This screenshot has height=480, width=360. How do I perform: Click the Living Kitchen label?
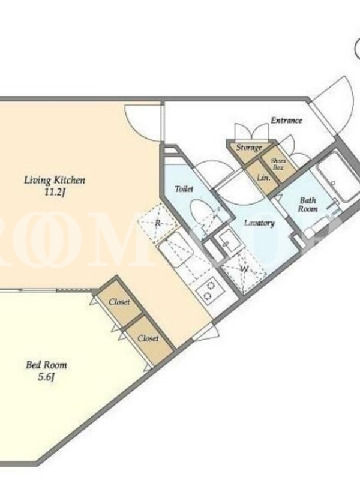point(55,181)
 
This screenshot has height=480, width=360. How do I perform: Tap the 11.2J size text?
point(55,193)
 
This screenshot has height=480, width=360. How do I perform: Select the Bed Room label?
point(46,365)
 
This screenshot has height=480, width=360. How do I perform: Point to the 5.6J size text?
point(46,377)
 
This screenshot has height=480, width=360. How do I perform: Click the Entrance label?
point(286,121)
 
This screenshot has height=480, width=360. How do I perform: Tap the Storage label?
point(248,148)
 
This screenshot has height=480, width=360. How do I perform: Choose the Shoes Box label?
point(278,164)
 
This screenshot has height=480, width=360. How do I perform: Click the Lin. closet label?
point(263,177)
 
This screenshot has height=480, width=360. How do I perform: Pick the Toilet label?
point(184,188)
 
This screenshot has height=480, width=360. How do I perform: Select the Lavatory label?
point(259,223)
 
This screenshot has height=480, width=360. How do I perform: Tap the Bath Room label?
point(308,205)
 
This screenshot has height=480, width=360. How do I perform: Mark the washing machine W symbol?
point(244,269)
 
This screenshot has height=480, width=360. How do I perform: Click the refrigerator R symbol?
point(158,223)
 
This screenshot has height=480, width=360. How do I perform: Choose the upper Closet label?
point(119,302)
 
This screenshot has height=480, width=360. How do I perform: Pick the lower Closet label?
point(148,338)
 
